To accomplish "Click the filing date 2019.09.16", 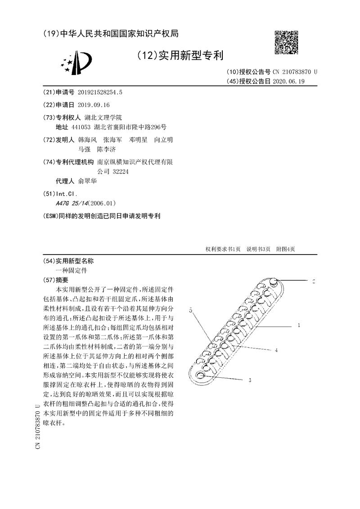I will click(x=94, y=105).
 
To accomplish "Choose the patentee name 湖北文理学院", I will click(x=100, y=117).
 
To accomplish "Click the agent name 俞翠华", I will click(x=87, y=182).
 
